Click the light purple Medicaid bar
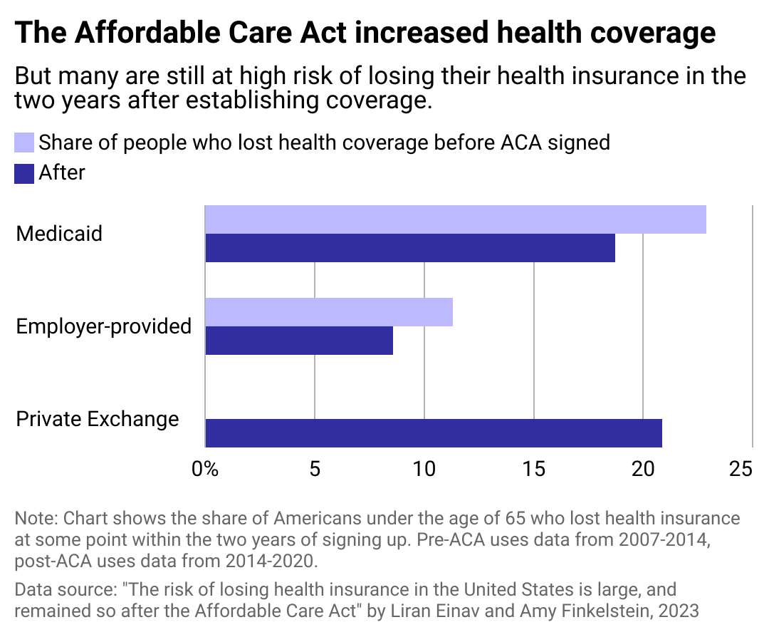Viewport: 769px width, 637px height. coord(456,219)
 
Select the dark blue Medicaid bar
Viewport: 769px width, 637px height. coord(410,248)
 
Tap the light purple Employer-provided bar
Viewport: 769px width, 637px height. coord(329,312)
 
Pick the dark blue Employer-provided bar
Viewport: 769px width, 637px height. coord(299,341)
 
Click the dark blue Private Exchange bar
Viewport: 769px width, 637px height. coord(434,433)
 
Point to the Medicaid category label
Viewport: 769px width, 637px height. coord(59,234)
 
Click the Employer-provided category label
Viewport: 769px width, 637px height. coord(104,326)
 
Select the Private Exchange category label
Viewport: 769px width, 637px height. coord(98,419)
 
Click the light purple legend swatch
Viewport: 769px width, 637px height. coord(24,143)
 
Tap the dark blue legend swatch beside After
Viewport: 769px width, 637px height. coord(24,173)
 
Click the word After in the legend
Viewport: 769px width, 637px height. coord(62,173)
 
